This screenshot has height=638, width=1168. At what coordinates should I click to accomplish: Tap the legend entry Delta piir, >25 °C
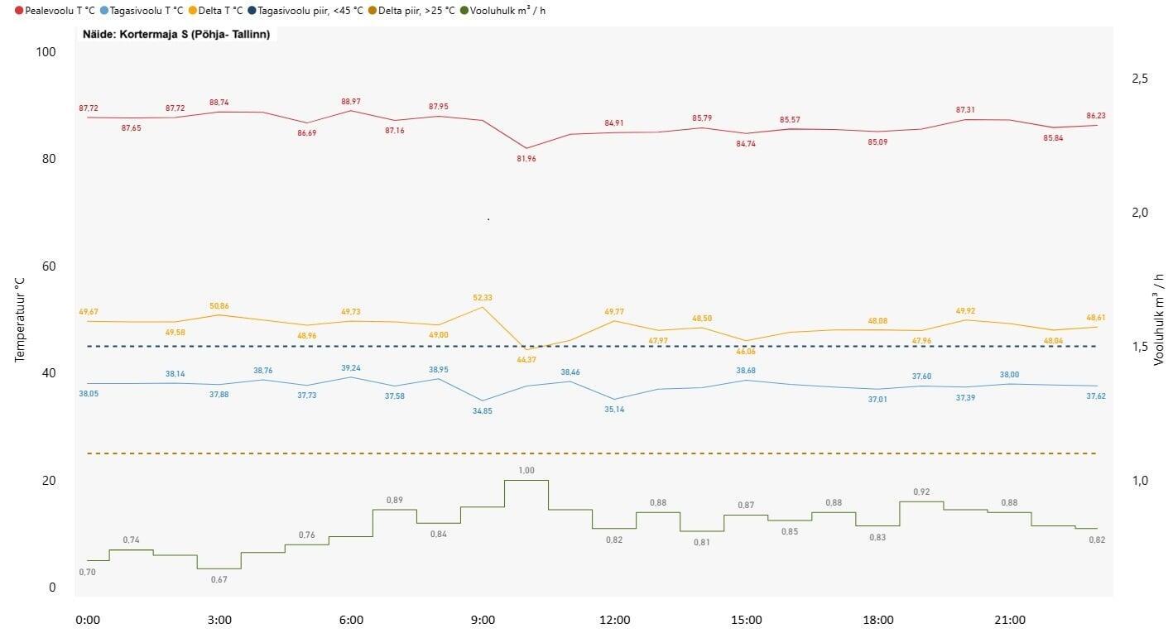(x=411, y=11)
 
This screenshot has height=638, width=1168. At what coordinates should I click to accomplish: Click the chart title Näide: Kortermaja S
(x=175, y=35)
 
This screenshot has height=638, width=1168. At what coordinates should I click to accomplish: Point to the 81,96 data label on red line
(x=526, y=159)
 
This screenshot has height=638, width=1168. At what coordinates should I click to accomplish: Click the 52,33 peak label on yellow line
(x=483, y=298)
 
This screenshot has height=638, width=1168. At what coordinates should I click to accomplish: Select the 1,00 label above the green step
(x=526, y=470)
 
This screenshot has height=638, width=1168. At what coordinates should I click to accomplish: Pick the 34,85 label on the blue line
(x=483, y=411)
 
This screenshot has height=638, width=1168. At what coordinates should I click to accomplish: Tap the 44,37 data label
(x=526, y=359)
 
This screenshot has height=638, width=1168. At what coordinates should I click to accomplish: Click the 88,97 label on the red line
(x=351, y=102)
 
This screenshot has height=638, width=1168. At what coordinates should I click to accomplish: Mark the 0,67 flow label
(x=219, y=579)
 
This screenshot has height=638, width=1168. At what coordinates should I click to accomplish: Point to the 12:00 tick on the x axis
(x=615, y=620)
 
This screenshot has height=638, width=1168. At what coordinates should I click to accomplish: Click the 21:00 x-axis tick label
(x=1010, y=620)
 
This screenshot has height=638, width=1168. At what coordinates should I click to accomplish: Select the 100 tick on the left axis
(x=46, y=51)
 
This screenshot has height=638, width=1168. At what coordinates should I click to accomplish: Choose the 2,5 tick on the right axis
(x=1140, y=78)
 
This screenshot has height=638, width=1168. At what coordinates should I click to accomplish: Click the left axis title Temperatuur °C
(x=21, y=319)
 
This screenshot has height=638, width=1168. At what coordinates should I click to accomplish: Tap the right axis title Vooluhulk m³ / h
(x=1158, y=319)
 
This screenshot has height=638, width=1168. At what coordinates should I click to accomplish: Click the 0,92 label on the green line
(x=921, y=492)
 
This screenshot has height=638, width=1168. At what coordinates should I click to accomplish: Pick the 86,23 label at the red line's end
(x=1096, y=116)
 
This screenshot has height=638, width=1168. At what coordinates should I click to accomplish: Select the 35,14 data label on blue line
(x=614, y=410)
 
